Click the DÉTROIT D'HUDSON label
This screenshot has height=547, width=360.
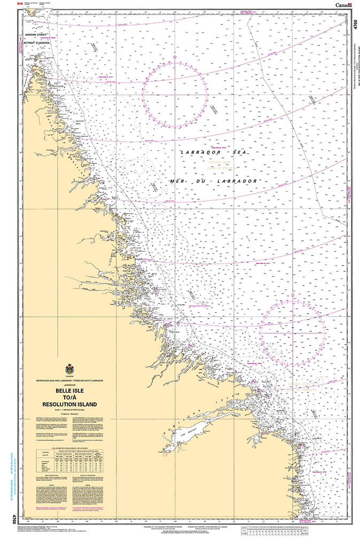click(36, 42)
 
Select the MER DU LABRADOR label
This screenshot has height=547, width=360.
click(214, 182)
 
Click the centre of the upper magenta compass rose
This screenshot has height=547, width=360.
click(175, 92)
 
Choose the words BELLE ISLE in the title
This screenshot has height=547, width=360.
click(69, 391)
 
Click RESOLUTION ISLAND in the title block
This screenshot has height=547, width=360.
click(69, 404)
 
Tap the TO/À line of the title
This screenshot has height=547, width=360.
click(69, 397)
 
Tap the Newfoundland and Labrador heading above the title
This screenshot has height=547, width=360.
click(69, 380)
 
